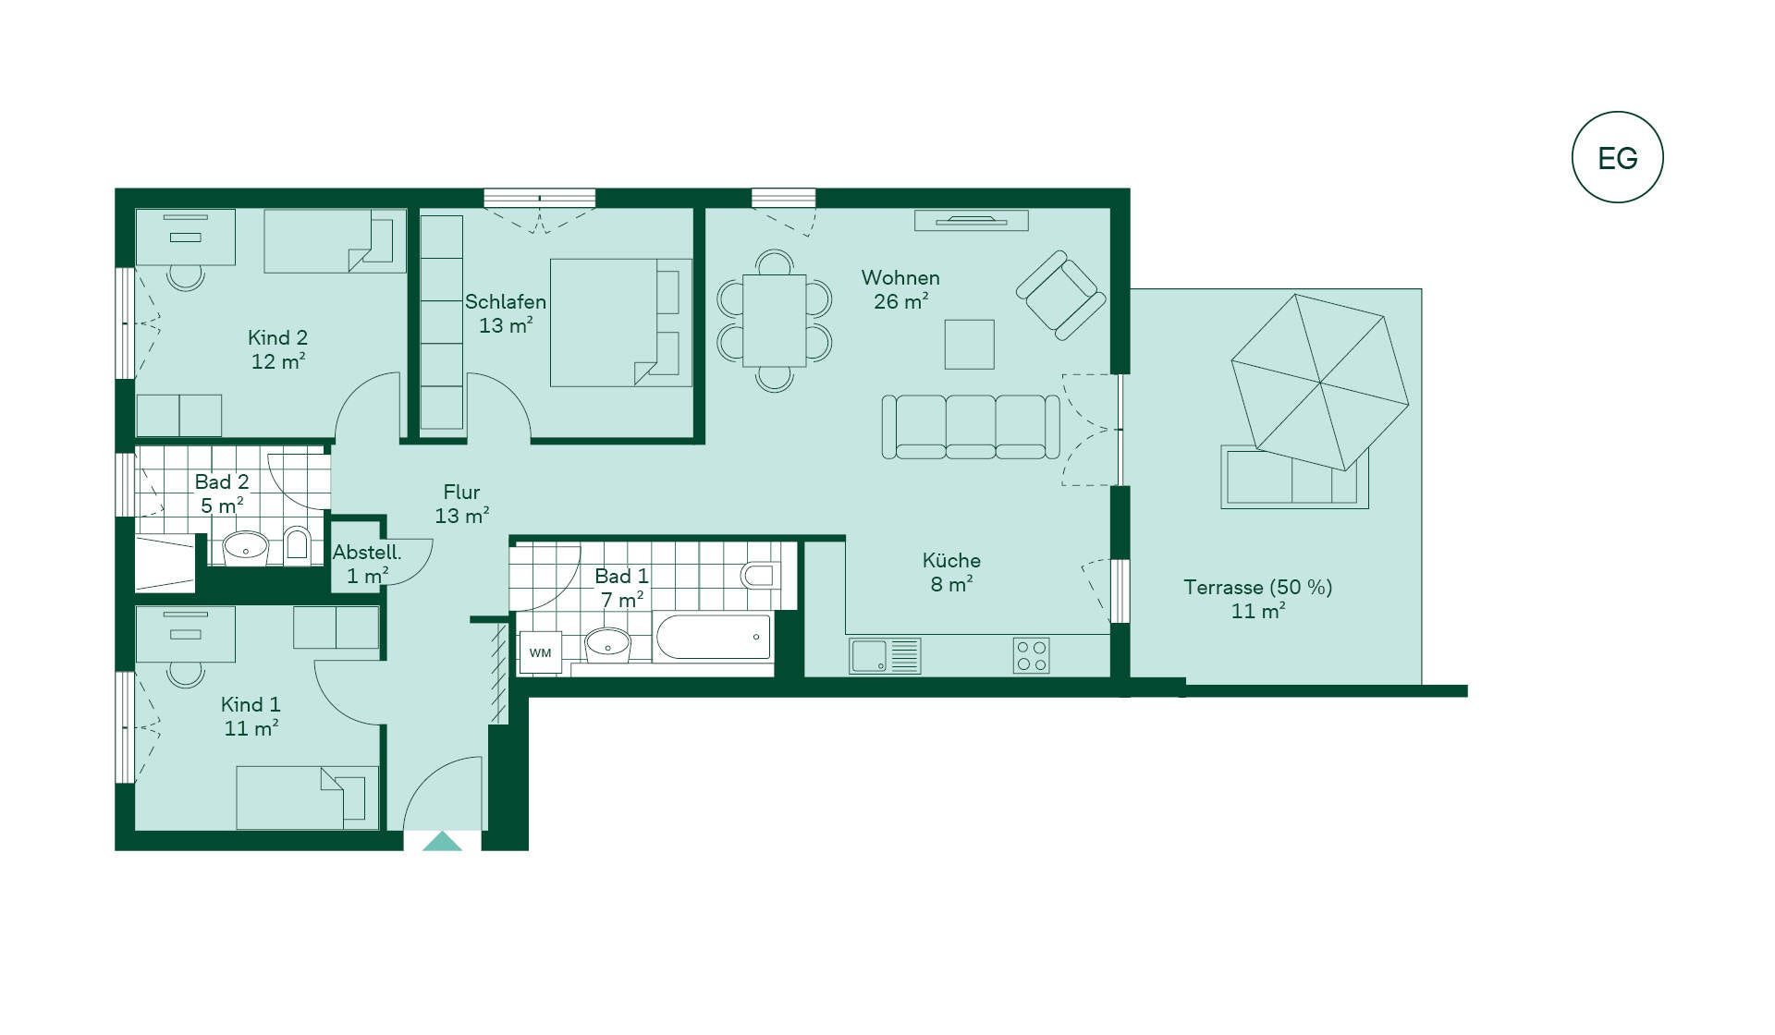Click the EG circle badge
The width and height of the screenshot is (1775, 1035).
coord(1617,157)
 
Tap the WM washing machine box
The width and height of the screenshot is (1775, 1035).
coord(541,652)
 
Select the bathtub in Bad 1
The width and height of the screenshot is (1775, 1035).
coord(713,637)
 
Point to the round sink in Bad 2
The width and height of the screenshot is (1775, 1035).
coord(246,547)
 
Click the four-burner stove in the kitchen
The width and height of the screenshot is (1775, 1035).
coord(1031,656)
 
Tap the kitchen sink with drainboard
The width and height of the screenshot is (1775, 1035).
coord(885,656)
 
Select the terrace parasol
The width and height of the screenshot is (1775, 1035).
coord(1320,382)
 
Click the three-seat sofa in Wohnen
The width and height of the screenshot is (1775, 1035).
coord(971,427)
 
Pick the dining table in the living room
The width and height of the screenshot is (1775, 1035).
coord(775,321)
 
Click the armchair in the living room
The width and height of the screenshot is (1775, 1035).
coord(1061,295)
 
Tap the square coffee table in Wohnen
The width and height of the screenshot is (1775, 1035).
coord(970,345)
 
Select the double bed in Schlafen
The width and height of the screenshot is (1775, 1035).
coord(621,323)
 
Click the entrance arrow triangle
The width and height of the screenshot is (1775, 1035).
coord(442,841)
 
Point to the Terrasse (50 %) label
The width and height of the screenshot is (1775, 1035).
coord(1258,587)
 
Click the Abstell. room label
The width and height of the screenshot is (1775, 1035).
coord(367,553)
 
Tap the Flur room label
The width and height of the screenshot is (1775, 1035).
coord(461,492)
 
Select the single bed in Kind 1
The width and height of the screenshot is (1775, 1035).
coord(308,798)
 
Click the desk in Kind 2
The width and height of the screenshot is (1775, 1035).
coord(185,237)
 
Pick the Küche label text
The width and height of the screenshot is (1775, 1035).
coord(951,560)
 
